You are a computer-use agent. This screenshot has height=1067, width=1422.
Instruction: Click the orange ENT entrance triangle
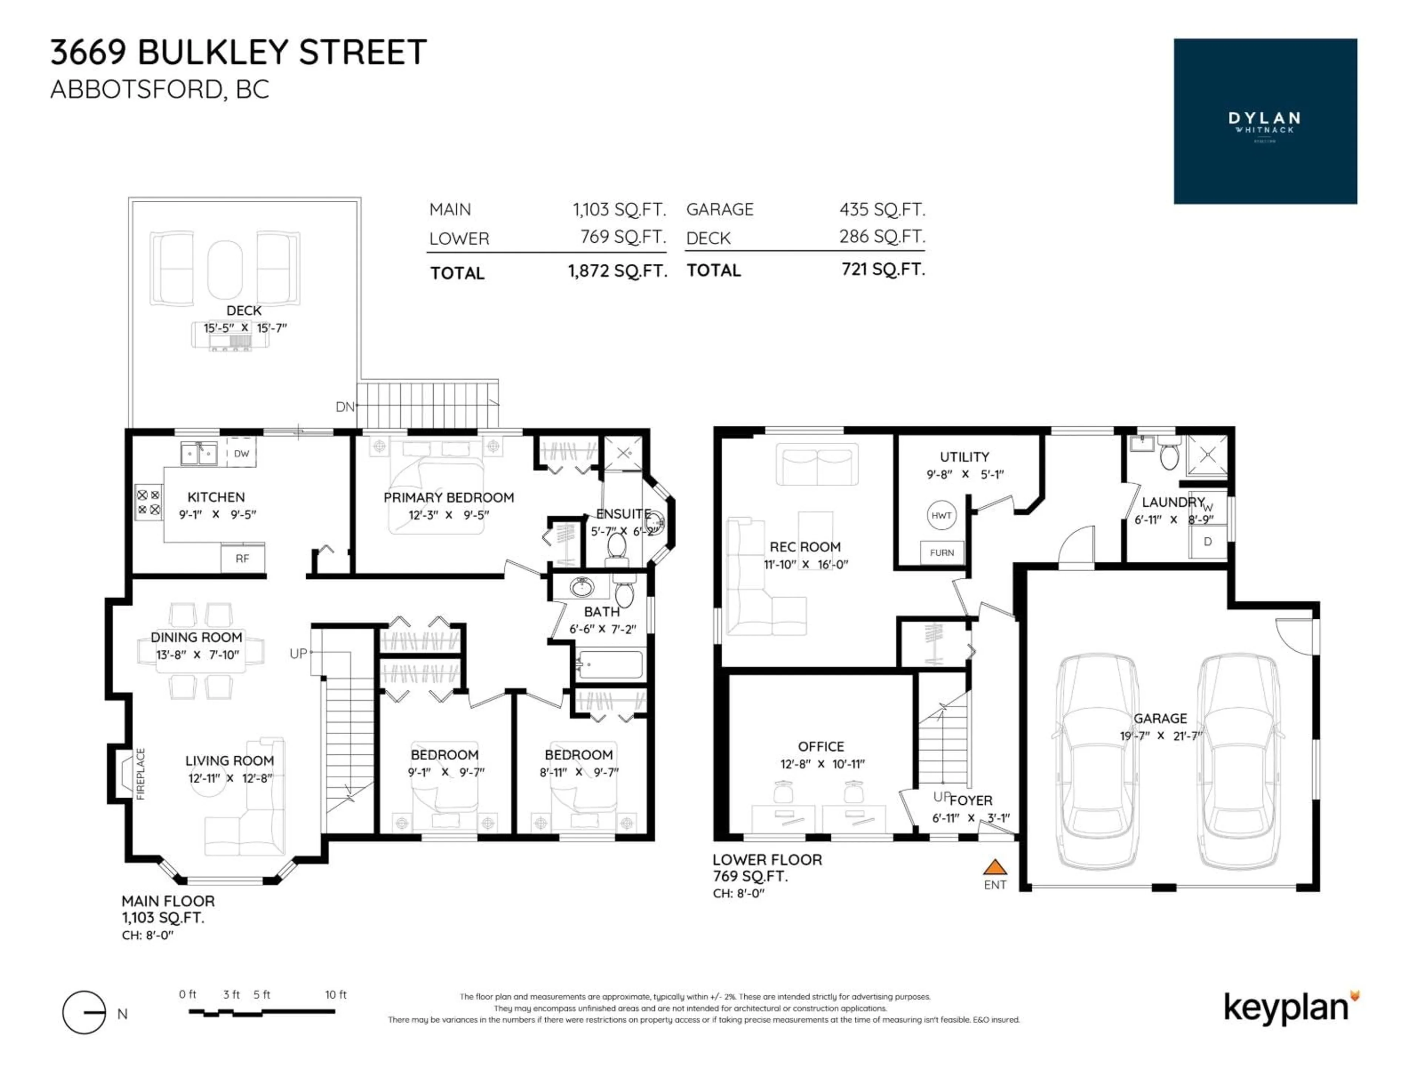995,868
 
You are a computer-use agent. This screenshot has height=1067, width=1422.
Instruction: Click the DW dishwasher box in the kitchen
241,453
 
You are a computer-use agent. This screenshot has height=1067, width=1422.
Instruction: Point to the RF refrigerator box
242,558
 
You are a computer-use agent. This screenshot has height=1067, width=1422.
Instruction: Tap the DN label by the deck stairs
344,406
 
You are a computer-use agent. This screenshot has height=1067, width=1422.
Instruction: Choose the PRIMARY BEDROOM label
449,497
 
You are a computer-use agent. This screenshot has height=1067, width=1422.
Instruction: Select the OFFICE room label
821,746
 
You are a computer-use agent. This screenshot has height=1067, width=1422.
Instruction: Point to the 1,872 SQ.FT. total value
617,271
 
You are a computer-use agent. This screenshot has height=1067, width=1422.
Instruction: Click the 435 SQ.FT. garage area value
882,210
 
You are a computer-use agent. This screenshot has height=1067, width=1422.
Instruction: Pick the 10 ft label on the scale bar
336,994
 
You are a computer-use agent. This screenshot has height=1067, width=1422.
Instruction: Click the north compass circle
84,1012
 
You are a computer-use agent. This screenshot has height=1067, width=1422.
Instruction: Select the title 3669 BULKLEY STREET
238,52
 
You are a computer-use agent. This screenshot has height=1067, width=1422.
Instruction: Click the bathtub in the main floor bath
610,664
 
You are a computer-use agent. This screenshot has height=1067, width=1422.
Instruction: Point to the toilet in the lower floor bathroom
1169,455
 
